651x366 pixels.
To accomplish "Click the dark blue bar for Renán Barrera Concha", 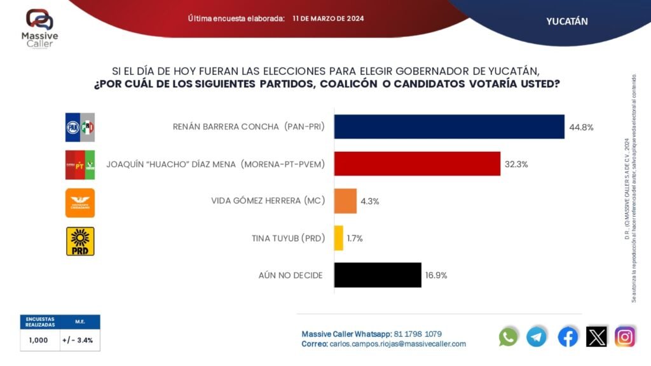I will (449, 126).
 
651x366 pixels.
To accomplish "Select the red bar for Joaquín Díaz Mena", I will (417, 164).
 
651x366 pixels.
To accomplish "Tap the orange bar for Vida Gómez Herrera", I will (345, 201).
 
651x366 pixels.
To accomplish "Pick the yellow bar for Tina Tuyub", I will (338, 238).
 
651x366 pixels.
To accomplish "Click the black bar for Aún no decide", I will (378, 275).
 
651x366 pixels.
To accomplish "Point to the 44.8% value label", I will (580, 127).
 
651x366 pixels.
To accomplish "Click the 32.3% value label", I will (516, 164).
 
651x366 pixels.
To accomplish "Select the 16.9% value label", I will (435, 276).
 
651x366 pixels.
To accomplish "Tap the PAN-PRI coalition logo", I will (80, 127).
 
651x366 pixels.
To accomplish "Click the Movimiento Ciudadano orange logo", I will (80, 203).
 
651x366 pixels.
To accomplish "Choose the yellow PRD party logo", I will (80, 241).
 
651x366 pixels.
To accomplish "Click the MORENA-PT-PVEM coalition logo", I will (80, 165).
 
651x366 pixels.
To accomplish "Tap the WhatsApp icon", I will (509, 336).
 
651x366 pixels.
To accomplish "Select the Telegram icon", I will (537, 336).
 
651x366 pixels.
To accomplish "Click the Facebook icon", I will (568, 336).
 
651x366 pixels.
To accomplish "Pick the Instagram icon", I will (625, 336).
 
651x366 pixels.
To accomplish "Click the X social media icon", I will (596, 336).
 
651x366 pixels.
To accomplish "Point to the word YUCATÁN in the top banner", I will (567, 21).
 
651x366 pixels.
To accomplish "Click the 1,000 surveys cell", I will (39, 340).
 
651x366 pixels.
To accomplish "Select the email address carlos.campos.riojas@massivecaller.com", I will (398, 344).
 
